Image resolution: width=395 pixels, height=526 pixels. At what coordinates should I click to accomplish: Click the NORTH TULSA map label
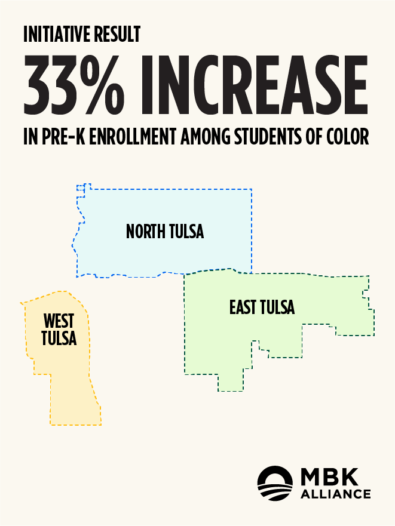pos(165,231)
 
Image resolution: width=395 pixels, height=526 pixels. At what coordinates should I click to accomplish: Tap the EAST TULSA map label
pos(262,307)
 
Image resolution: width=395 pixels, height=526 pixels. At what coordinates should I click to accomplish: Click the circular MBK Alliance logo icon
pos(275,484)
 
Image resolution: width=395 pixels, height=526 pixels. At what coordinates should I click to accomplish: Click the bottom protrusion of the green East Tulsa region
pos(231,382)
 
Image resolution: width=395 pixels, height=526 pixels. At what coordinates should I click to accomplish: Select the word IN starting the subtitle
pos(30,137)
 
